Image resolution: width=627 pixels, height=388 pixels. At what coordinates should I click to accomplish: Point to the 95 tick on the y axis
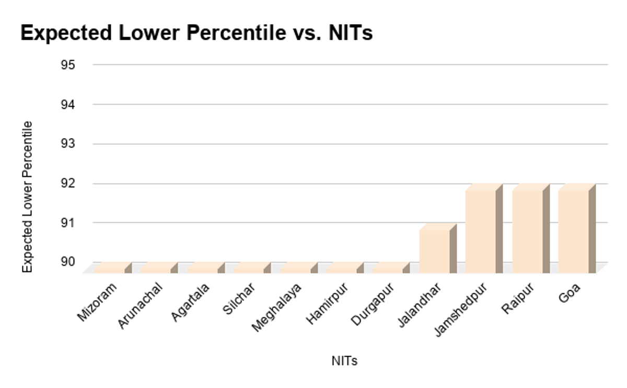[68, 65]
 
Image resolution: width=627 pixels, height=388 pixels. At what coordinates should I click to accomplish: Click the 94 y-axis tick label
[68, 105]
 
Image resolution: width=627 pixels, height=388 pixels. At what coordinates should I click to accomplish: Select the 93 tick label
[68, 144]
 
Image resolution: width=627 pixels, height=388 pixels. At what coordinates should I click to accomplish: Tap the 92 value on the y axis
[68, 184]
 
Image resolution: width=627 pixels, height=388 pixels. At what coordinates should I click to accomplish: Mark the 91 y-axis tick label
[68, 223]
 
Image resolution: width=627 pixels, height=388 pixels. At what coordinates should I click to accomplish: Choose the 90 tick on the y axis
[68, 262]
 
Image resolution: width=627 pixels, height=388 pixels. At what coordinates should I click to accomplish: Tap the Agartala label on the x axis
[191, 302]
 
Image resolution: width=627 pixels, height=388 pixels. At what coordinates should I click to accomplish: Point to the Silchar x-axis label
[239, 299]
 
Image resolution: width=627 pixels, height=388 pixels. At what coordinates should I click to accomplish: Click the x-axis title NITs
[344, 361]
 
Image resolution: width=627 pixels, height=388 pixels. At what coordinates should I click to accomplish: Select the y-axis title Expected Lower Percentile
[28, 197]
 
